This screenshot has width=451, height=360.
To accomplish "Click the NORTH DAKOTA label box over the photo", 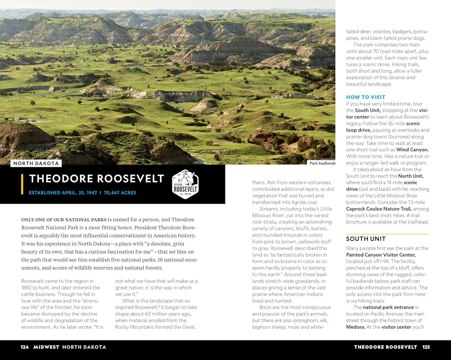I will click(x=36, y=163).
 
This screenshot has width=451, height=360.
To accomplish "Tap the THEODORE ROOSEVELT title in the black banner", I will click(x=97, y=179).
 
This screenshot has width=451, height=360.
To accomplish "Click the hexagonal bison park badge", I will click(x=185, y=184).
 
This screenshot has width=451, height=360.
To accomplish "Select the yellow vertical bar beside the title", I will click(x=23, y=184).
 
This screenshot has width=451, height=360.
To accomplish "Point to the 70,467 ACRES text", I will click(x=120, y=193).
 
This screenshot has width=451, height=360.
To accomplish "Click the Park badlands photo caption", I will click(x=322, y=163).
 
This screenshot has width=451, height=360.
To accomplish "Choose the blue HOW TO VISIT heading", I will click(x=366, y=97).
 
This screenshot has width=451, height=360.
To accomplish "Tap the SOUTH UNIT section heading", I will click(x=366, y=239).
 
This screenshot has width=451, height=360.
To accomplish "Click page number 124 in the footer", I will click(x=25, y=347).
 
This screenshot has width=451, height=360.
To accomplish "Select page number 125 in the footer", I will click(x=426, y=347).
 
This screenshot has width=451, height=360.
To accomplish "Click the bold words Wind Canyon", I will click(x=412, y=150).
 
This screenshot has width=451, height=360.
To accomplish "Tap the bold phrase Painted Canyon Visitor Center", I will click(x=381, y=255).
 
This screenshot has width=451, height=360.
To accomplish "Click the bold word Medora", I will click(x=355, y=327).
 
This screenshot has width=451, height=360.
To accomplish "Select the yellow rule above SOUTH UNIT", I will click(x=387, y=234).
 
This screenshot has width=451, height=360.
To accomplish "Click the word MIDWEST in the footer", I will click(x=46, y=347).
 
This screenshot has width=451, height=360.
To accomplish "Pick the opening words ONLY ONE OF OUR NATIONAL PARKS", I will click(x=64, y=220).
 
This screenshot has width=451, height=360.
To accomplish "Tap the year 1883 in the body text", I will click(x=27, y=287).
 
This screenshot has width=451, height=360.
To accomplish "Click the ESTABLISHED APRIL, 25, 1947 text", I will click(x=63, y=193).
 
